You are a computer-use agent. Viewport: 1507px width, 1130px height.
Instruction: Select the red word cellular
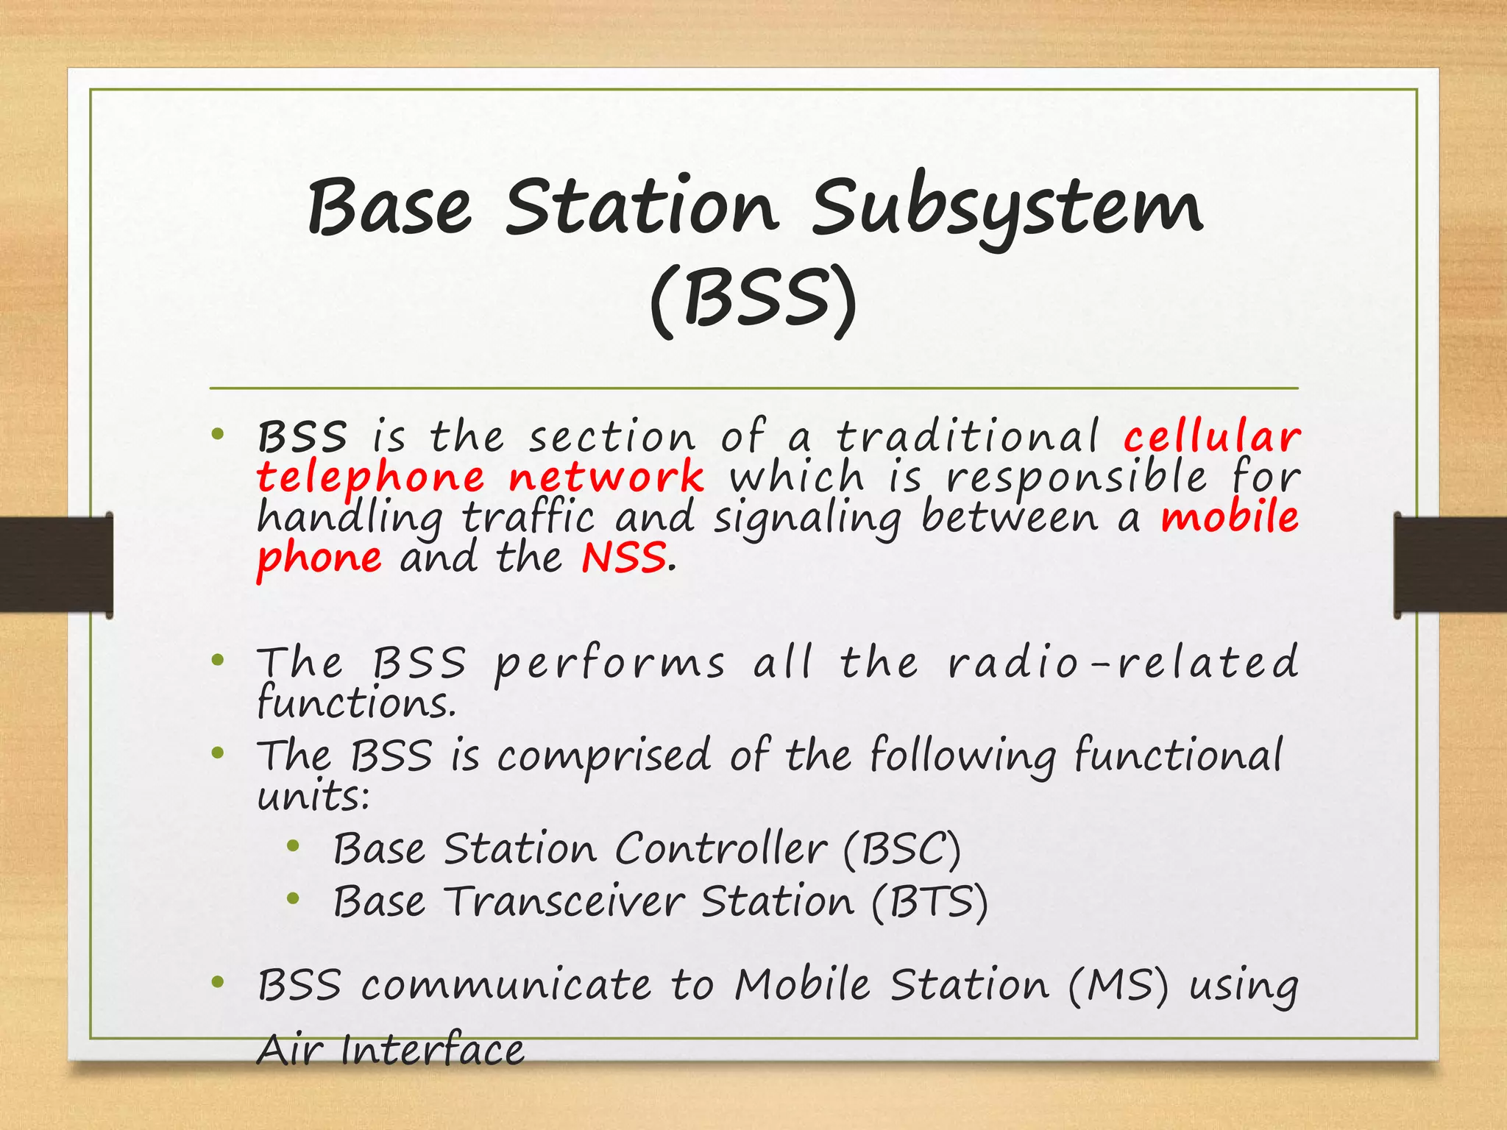tap(1211, 437)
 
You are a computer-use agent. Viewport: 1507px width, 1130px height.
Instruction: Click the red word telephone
tap(370, 477)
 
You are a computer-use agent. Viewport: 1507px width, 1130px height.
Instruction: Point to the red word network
tap(606, 477)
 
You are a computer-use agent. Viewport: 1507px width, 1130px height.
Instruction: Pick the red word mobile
tap(1230, 517)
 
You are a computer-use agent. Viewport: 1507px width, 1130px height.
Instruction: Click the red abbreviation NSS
tap(624, 558)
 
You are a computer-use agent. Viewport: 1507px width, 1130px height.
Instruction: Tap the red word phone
tap(319, 558)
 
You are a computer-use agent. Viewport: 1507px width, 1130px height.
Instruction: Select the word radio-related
tap(1123, 662)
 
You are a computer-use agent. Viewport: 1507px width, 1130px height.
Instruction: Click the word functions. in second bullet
tap(357, 703)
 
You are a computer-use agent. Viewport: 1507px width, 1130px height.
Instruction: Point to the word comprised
tap(603, 756)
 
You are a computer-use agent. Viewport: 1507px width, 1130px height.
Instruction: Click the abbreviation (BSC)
tap(901, 849)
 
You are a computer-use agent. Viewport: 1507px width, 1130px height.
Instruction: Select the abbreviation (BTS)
tap(929, 902)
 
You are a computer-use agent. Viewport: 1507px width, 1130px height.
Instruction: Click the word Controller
tap(720, 849)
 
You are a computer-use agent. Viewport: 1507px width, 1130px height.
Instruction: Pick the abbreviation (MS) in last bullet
tap(1117, 986)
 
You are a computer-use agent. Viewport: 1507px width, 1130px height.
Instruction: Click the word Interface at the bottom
tap(433, 1051)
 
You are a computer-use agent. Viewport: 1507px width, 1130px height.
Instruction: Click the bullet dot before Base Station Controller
tap(294, 847)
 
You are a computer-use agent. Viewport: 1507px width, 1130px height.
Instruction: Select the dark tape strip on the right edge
tap(1450, 564)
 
